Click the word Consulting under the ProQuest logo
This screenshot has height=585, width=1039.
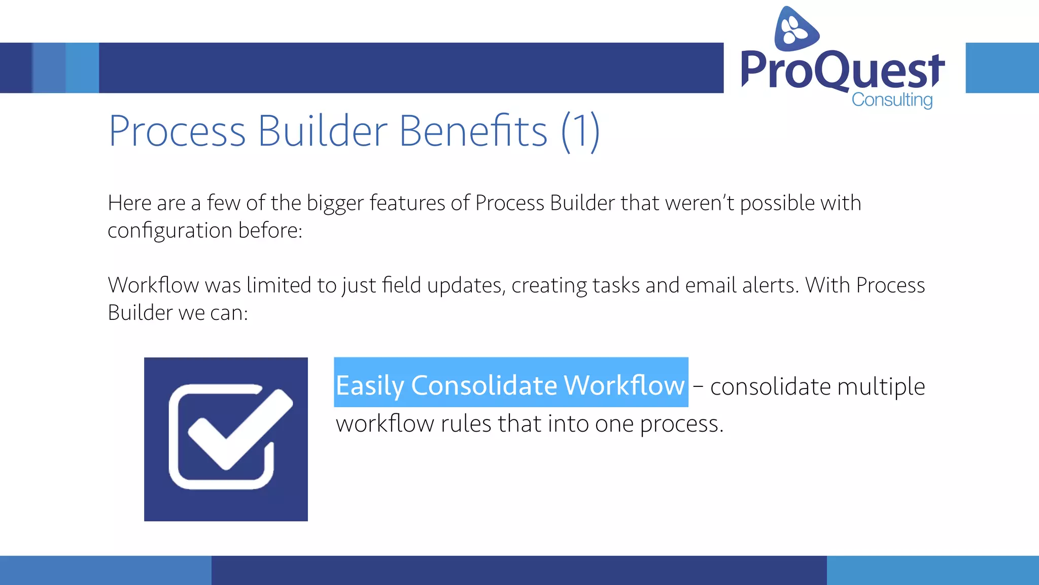point(892,100)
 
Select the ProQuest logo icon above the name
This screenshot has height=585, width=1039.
point(795,29)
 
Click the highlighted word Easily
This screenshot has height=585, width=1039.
point(369,385)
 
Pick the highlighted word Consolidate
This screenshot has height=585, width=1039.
point(484,385)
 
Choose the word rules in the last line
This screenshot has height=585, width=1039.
point(466,424)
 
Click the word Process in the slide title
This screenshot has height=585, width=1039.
point(177,131)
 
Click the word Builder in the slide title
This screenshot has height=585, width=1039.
point(323,131)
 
